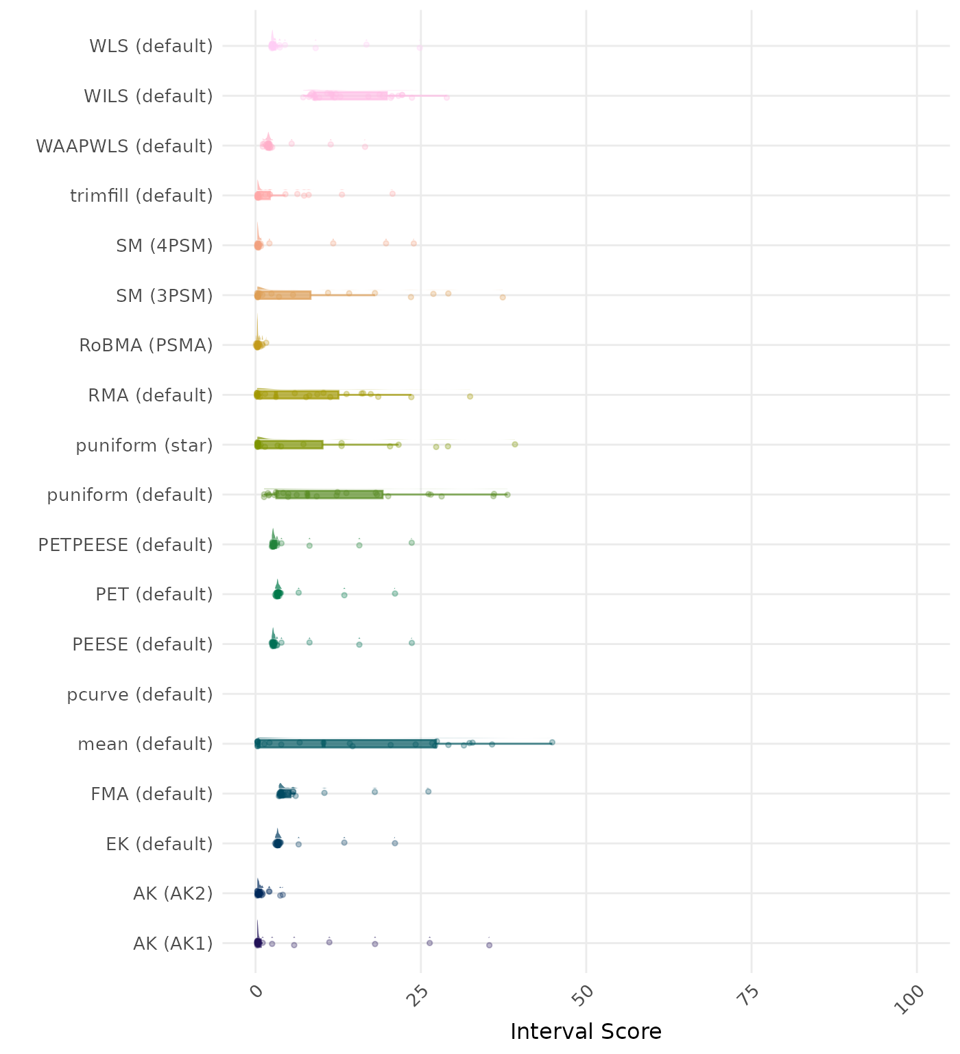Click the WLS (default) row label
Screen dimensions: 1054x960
click(x=151, y=47)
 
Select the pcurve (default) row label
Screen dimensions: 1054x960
click(x=140, y=694)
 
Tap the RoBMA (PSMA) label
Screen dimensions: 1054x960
click(x=146, y=345)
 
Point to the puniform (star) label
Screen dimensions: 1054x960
click(x=144, y=445)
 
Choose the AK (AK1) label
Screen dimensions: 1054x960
click(x=173, y=944)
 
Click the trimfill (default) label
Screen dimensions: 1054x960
click(x=141, y=196)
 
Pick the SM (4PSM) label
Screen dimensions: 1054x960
click(x=165, y=246)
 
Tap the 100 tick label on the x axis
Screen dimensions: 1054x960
click(x=912, y=999)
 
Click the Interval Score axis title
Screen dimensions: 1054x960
click(x=586, y=1031)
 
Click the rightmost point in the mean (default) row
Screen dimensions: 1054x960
click(x=552, y=742)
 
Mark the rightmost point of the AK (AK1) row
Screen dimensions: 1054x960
click(x=489, y=945)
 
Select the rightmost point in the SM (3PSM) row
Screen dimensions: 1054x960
click(x=503, y=297)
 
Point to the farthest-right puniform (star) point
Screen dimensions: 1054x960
click(x=515, y=445)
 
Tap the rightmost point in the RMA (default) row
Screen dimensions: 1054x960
click(x=470, y=397)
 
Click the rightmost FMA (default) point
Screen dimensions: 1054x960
click(x=429, y=791)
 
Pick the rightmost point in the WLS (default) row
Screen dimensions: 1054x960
click(x=420, y=48)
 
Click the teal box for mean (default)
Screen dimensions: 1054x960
click(x=346, y=744)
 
